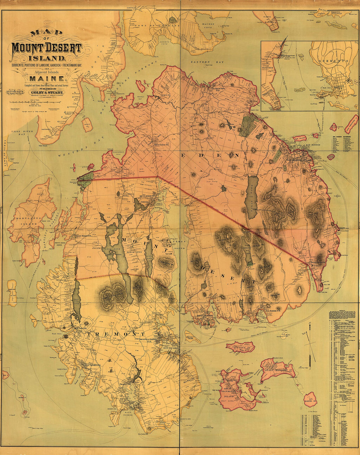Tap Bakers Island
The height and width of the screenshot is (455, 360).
[310, 400]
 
